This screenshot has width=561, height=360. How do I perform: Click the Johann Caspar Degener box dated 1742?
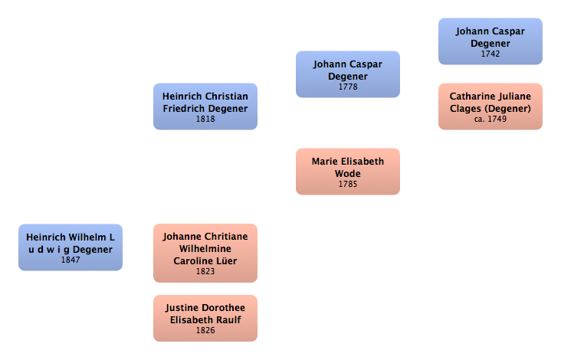[x=490, y=41]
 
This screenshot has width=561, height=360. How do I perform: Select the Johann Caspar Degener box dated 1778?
[x=347, y=74]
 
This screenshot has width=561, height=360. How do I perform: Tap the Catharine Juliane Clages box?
[x=490, y=106]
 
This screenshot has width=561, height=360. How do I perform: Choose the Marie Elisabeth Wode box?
[x=347, y=172]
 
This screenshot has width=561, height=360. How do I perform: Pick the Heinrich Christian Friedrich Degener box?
[x=205, y=106]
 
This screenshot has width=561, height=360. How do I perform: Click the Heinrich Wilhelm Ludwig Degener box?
[x=70, y=247]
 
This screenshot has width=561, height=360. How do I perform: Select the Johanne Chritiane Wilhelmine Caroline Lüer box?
[x=205, y=253]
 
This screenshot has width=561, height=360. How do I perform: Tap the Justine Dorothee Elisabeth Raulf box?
[x=205, y=318]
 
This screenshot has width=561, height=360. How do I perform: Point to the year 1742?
[x=490, y=54]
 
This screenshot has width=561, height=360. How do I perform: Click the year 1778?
[x=347, y=87]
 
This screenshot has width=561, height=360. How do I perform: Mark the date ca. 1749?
[x=490, y=119]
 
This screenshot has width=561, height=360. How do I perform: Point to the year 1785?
[x=347, y=185]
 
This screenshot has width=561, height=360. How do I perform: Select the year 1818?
[x=205, y=119]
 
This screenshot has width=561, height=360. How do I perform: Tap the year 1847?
[x=70, y=260]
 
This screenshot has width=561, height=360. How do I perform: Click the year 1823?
[x=205, y=271]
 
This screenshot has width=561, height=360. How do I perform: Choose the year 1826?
[x=205, y=331]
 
